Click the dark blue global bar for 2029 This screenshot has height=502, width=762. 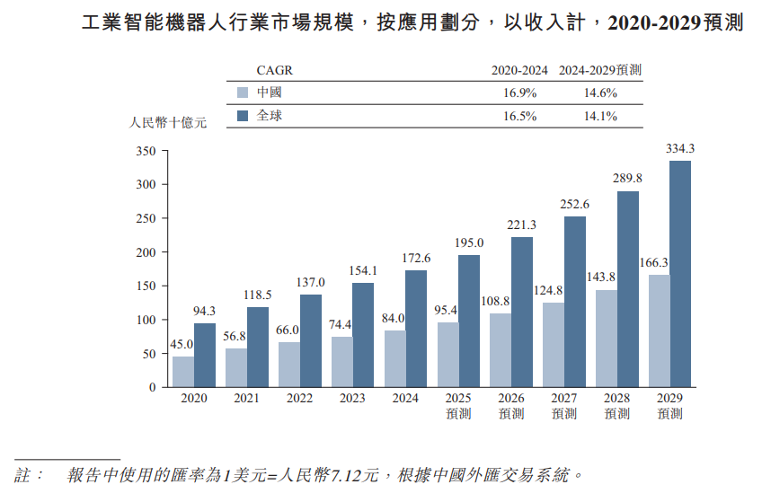680,274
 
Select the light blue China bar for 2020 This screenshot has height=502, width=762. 183,372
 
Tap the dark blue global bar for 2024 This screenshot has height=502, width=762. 416,329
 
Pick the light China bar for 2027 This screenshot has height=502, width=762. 554,345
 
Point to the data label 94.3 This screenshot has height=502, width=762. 204,312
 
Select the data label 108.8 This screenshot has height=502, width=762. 500,302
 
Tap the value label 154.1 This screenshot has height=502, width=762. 363,271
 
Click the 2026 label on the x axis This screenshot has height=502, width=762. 511,398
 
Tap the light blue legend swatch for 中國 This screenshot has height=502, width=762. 242,92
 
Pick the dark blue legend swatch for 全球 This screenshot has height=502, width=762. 242,116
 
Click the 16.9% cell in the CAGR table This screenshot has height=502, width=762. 520,92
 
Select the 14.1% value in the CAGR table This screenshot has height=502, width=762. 600,116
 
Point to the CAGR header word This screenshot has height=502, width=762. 274,70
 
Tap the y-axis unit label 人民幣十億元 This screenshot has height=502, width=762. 168,123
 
